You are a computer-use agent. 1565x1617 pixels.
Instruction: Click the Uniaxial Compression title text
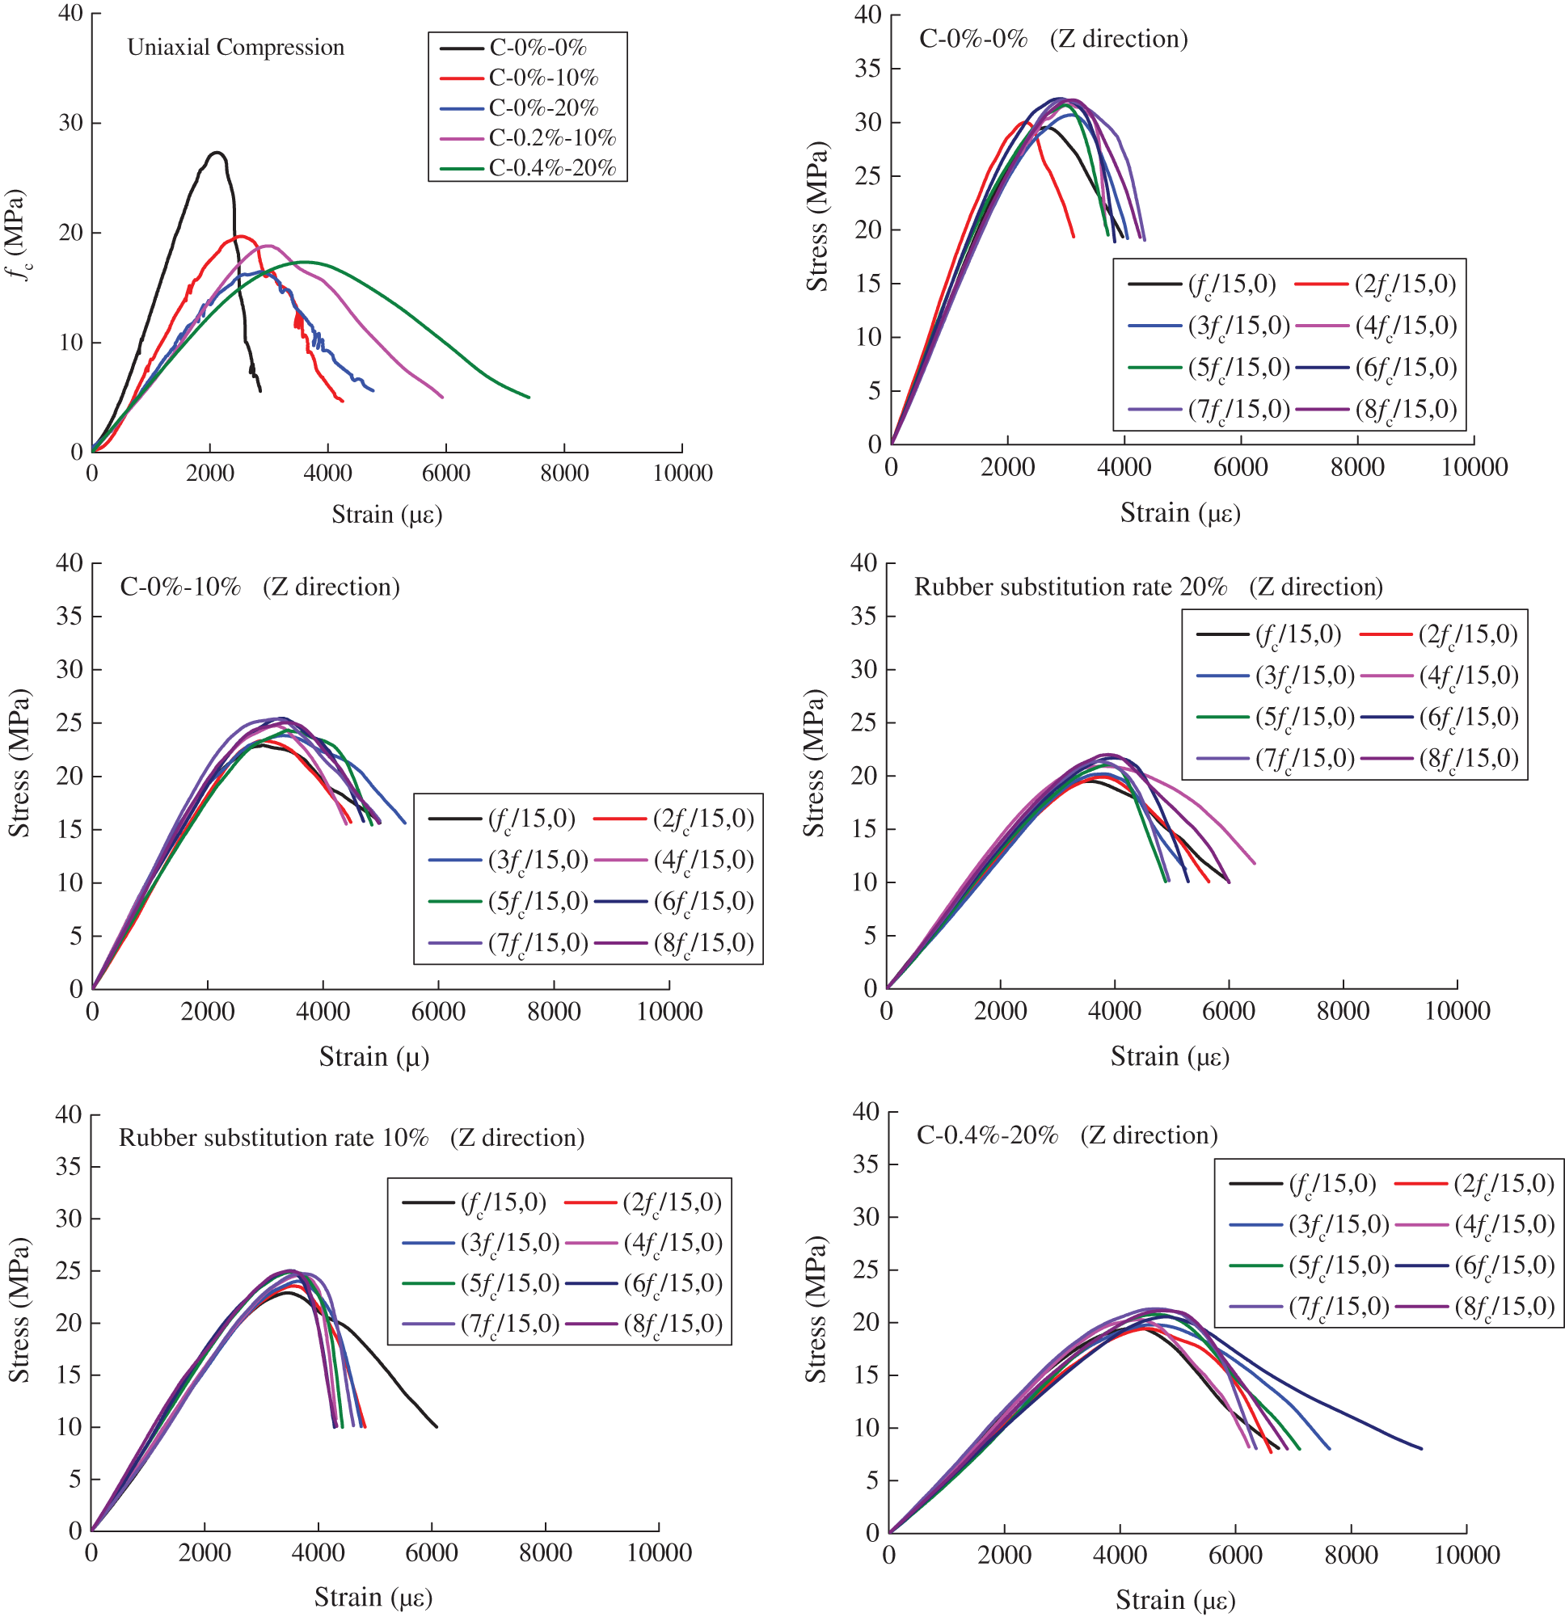coord(235,47)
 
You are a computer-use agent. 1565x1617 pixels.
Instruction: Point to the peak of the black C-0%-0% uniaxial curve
coord(217,153)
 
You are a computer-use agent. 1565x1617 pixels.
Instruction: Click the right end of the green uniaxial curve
coord(529,398)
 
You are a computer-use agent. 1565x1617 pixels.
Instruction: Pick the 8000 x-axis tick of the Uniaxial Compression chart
coord(563,473)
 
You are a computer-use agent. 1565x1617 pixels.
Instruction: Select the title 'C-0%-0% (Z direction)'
coord(1052,39)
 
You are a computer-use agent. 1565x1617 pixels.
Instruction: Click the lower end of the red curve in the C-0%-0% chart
coord(1073,237)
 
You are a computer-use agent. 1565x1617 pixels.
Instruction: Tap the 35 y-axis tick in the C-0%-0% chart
coord(867,69)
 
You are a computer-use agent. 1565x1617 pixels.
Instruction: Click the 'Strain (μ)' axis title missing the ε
coord(374,1057)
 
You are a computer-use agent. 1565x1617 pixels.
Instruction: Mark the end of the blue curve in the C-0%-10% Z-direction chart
coord(405,823)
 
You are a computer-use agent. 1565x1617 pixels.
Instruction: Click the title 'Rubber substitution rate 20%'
coord(1070,587)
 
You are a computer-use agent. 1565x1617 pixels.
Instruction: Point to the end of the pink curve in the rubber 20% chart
coord(1254,863)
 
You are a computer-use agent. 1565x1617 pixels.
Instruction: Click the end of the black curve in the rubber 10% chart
coord(437,1426)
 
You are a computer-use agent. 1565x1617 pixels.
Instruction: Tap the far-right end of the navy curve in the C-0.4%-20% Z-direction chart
coord(1421,1449)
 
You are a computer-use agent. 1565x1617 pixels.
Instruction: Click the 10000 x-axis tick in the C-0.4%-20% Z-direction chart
coord(1466,1555)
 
